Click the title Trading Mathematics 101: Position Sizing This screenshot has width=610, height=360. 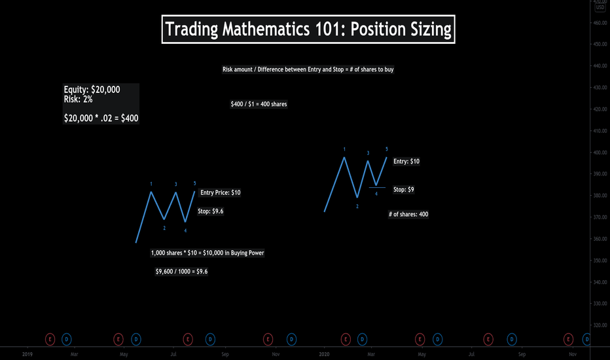click(x=308, y=29)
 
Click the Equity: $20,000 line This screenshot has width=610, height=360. click(x=92, y=90)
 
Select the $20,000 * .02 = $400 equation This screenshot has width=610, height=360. click(x=101, y=118)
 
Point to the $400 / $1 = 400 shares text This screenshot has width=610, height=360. click(x=259, y=104)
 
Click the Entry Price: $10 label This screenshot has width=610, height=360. click(x=220, y=192)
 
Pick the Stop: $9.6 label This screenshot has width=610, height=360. click(x=211, y=211)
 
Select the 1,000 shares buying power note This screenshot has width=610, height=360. click(x=207, y=253)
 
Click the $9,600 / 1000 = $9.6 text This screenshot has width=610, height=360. click(x=181, y=271)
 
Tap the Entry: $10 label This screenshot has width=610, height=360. click(x=406, y=161)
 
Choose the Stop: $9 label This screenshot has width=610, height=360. click(x=403, y=190)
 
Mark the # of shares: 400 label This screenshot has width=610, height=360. click(x=408, y=214)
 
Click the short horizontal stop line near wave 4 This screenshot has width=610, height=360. click(x=378, y=188)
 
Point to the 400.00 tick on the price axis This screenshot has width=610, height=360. click(x=600, y=153)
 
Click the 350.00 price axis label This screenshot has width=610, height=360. click(x=600, y=261)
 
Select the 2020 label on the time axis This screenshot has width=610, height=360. click(x=324, y=354)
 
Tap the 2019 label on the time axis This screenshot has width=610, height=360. click(x=27, y=354)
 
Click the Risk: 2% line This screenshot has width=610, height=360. click(x=78, y=99)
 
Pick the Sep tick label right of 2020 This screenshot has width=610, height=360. click(x=522, y=354)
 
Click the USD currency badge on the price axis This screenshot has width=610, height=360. click(x=600, y=7)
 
